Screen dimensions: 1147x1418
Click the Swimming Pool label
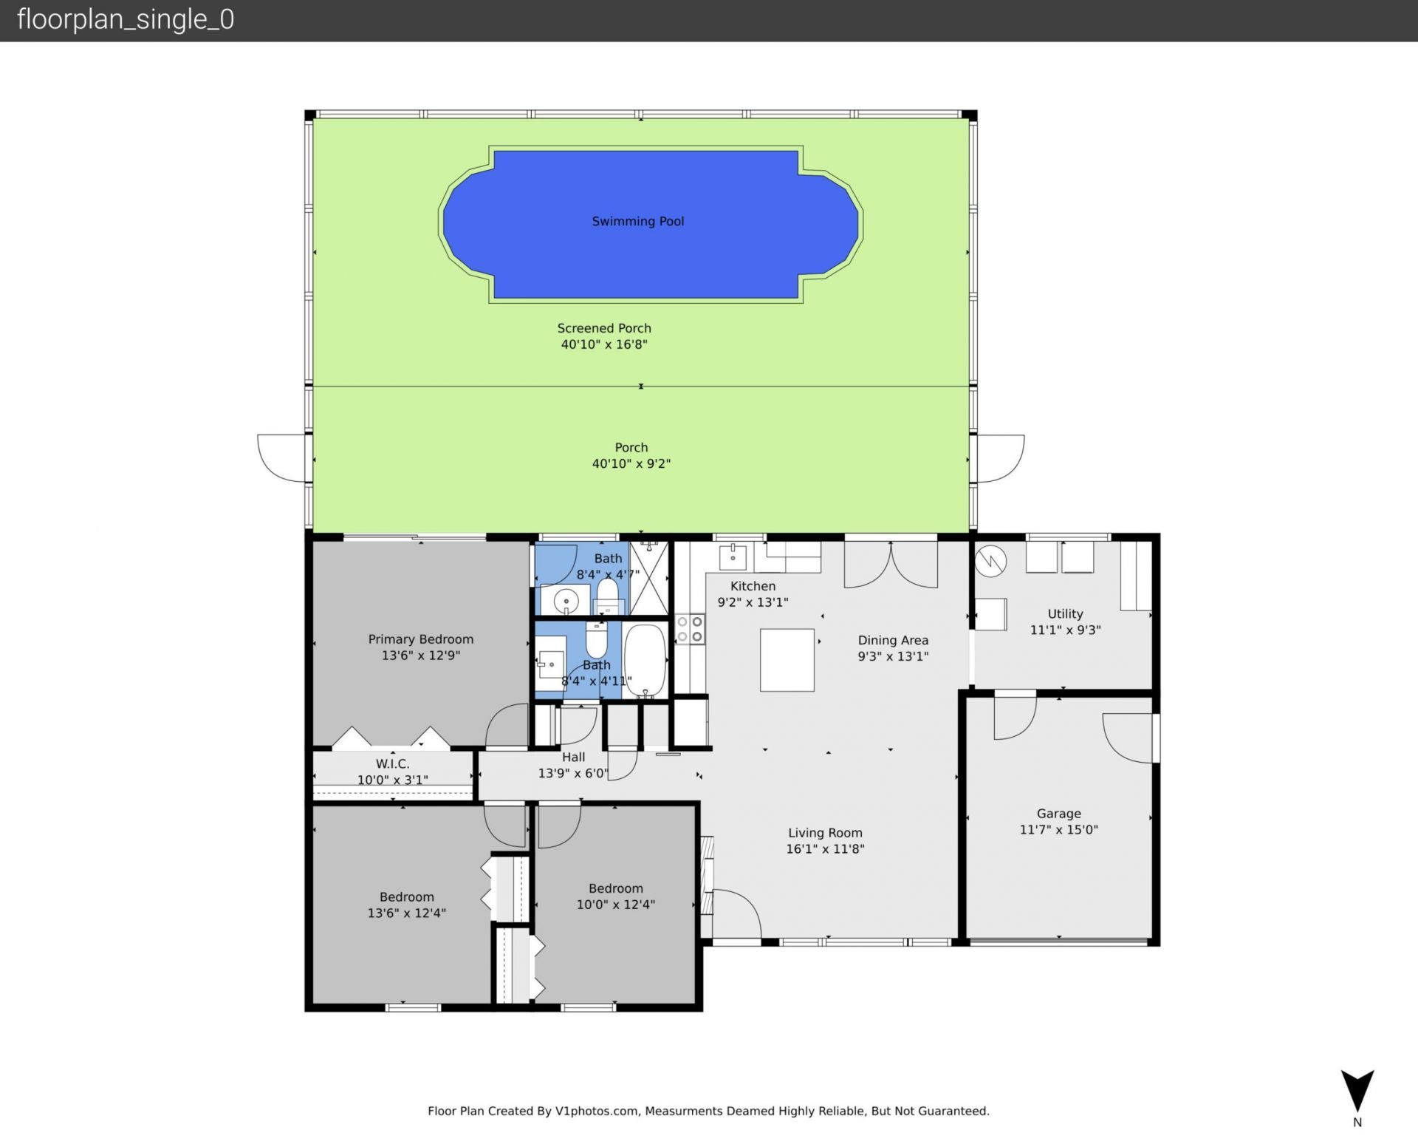[x=637, y=221]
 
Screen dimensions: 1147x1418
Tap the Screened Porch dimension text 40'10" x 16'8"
[x=603, y=344]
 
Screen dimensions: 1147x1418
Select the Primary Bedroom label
[x=420, y=639]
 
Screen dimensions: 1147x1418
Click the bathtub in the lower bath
[x=645, y=659]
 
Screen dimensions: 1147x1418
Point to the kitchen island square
[x=787, y=660]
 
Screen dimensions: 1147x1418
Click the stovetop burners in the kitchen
[x=689, y=629]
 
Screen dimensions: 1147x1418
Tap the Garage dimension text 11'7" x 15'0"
[x=1058, y=830]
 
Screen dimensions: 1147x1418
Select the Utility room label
[x=1065, y=614]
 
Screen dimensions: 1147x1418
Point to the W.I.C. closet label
[x=392, y=764]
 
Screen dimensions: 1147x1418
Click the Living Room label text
[x=824, y=833]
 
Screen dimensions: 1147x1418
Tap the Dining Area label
[x=892, y=641]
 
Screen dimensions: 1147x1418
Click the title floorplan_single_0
[x=126, y=19]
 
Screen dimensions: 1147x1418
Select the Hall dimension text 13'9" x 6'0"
[x=573, y=774]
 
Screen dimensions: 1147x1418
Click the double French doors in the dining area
[x=891, y=565]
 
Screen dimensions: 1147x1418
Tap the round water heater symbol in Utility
[x=990, y=561]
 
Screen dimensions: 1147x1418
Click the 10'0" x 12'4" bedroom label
[x=615, y=905]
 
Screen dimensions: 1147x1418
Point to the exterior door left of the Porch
[x=281, y=458]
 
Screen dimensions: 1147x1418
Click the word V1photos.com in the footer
[x=596, y=1111]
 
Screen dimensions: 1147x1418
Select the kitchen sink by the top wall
[x=733, y=558]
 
